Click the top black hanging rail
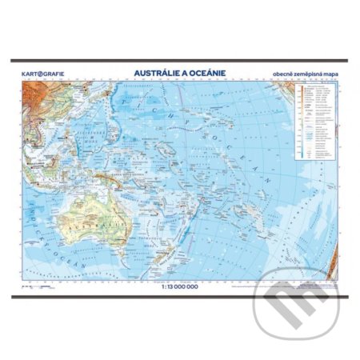(180, 62)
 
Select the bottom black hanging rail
(180, 296)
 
